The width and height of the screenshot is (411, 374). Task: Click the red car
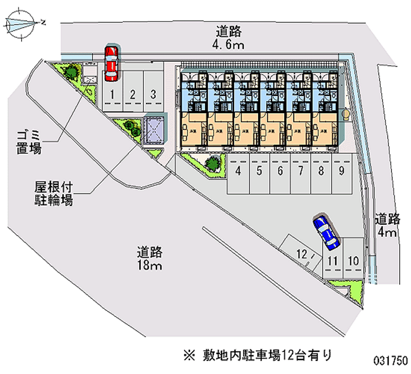pyautogui.click(x=111, y=64)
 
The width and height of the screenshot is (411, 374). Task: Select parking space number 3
pyautogui.click(x=153, y=94)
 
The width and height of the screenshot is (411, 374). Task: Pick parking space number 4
pyautogui.click(x=239, y=172)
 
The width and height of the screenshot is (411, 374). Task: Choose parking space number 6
pyautogui.click(x=280, y=172)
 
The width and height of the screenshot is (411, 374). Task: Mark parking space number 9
pyautogui.click(x=341, y=172)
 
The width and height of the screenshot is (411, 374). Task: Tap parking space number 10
pyautogui.click(x=352, y=260)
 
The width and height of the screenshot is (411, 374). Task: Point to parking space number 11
pyautogui.click(x=332, y=260)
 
